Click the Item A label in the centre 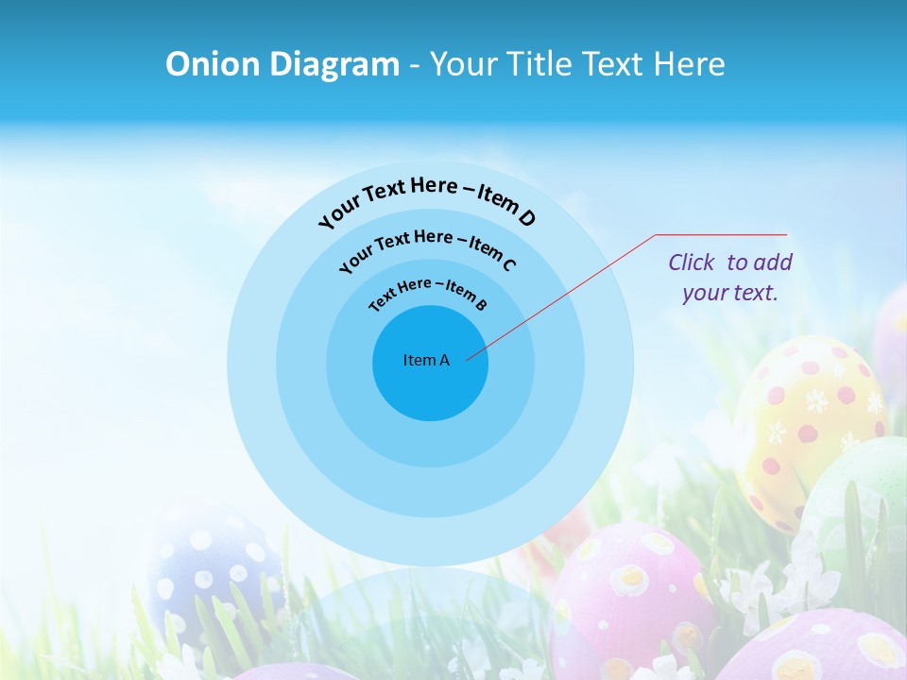click(426, 360)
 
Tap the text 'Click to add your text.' click(729, 277)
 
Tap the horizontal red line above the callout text click(721, 234)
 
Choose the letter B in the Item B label click(481, 304)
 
